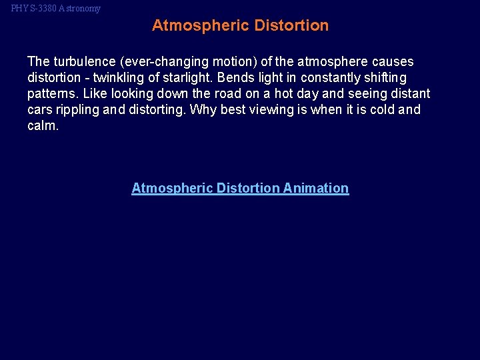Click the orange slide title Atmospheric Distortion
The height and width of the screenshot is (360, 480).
[x=240, y=26]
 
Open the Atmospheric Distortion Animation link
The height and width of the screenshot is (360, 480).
[x=240, y=188]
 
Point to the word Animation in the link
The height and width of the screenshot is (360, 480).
[x=315, y=188]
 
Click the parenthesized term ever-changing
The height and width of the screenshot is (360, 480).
[x=159, y=62]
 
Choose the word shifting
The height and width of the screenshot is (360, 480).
[x=383, y=78]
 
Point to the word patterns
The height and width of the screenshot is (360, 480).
[x=51, y=94]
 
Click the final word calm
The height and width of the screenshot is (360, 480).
[x=43, y=126]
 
